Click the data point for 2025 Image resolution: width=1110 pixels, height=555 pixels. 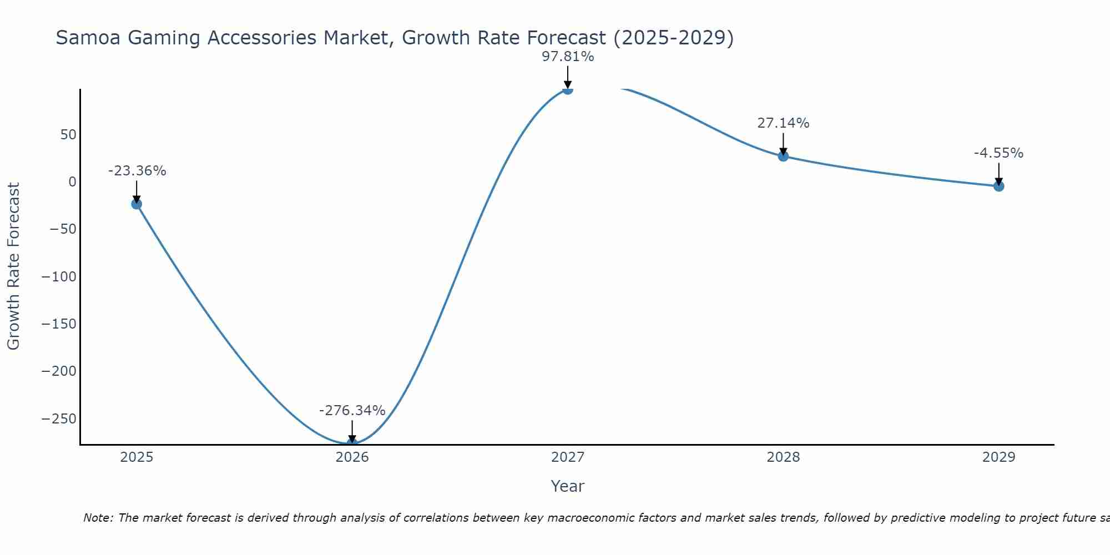click(x=137, y=204)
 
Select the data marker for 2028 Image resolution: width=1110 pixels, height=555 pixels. click(x=783, y=156)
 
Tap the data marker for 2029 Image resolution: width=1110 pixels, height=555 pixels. click(x=998, y=186)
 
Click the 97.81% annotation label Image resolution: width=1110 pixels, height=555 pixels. click(x=568, y=57)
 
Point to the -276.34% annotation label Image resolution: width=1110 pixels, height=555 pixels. click(x=352, y=411)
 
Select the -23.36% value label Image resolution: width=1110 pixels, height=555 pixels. click(x=137, y=171)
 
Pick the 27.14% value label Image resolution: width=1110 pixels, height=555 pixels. click(x=783, y=123)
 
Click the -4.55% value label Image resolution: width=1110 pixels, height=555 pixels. click(x=998, y=153)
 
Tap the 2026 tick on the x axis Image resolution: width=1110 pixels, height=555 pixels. click(x=352, y=457)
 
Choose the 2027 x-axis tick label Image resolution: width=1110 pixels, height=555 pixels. click(x=568, y=457)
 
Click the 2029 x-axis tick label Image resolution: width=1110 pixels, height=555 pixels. click(x=998, y=457)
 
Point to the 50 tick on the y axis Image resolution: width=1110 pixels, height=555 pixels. click(x=69, y=135)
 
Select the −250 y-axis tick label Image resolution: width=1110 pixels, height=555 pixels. click(x=59, y=418)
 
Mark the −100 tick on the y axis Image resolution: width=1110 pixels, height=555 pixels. click(x=59, y=276)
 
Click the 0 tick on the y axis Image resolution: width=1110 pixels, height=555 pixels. click(x=72, y=182)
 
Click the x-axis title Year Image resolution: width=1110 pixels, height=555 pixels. click(x=567, y=486)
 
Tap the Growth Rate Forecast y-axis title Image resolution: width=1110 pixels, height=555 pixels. click(x=13, y=266)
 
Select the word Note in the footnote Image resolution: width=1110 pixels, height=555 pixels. click(x=97, y=518)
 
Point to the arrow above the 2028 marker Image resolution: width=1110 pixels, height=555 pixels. click(x=783, y=144)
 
